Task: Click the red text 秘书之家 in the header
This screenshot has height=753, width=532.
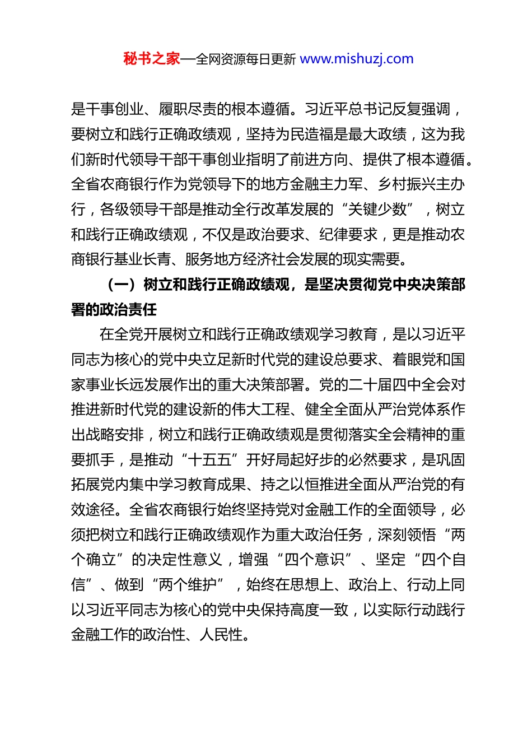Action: tap(152, 59)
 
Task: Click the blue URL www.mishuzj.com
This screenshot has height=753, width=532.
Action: tap(357, 59)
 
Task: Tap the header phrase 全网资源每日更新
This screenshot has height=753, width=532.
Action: tap(246, 59)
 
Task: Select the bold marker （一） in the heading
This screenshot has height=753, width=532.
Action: tap(122, 285)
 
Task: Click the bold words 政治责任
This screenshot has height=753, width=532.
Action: tap(129, 310)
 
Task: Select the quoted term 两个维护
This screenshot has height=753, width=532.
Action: tap(188, 585)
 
